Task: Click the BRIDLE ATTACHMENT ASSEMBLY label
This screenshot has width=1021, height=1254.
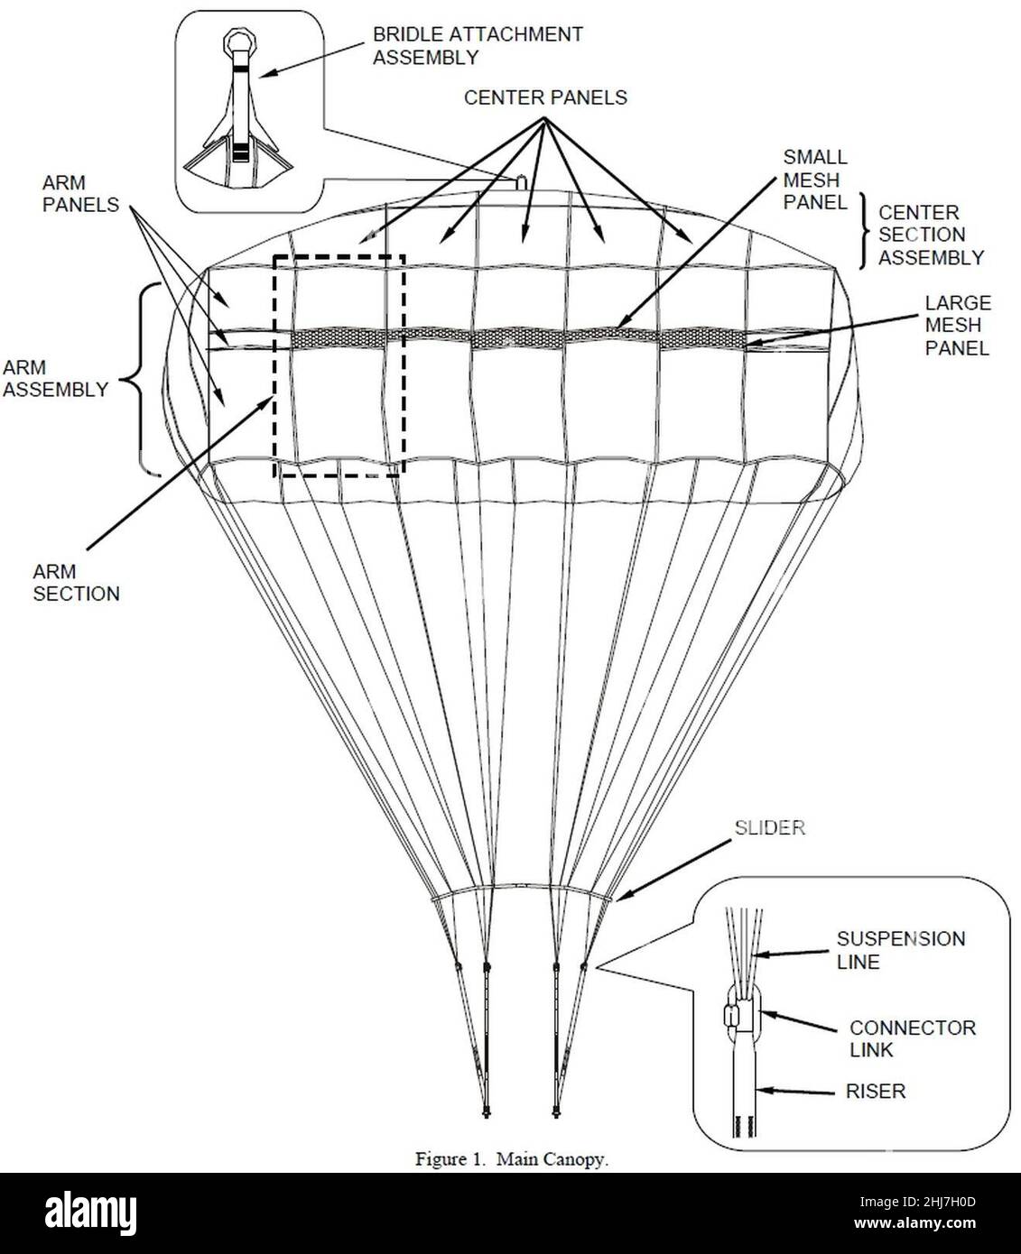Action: [x=478, y=46]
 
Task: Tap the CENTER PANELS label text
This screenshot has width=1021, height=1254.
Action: [x=545, y=97]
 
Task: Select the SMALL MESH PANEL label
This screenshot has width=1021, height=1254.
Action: [x=814, y=180]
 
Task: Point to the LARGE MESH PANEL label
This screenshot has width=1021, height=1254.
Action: [x=957, y=325]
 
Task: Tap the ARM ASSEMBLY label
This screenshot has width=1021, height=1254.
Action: [x=55, y=379]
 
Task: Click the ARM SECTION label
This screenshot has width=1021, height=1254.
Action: [x=76, y=582]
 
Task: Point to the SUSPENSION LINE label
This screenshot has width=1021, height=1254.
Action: [x=900, y=950]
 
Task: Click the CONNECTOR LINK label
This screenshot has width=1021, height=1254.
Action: [x=912, y=1038]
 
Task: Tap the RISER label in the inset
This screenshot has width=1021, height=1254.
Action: [x=876, y=1091]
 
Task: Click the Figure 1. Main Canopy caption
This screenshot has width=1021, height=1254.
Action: [x=512, y=1159]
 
